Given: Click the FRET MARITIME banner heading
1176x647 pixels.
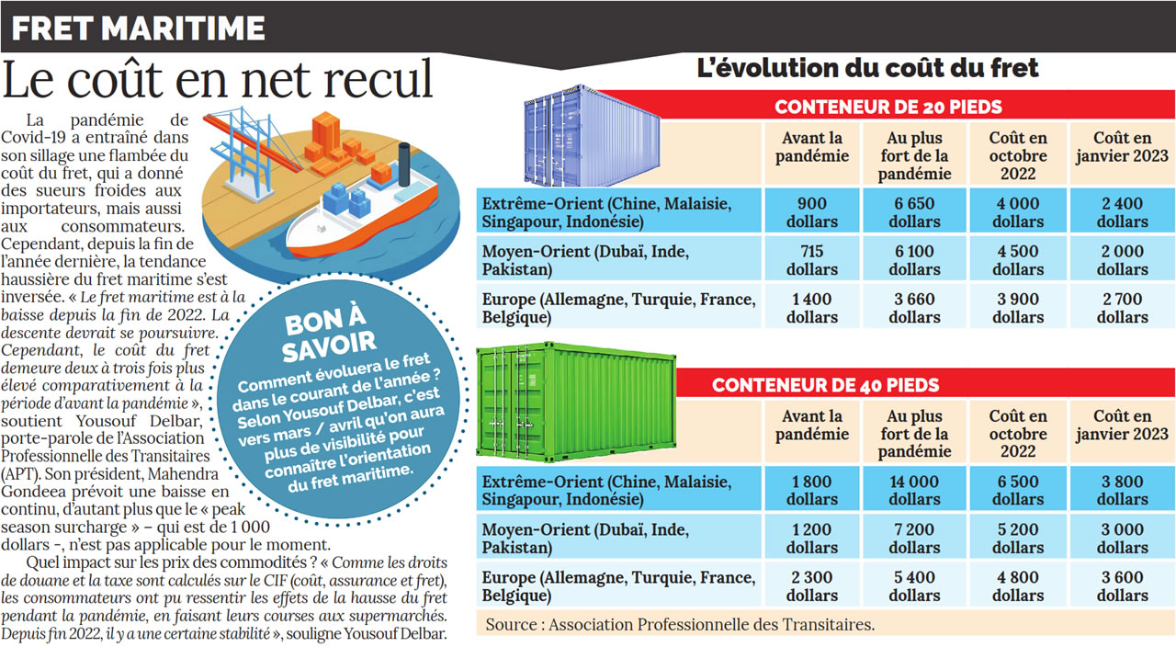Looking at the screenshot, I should coord(139,28).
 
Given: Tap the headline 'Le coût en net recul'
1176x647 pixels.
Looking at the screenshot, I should coord(218,80).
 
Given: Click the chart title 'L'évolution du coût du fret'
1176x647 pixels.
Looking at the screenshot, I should coord(867,67).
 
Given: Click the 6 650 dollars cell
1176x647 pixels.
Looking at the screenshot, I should coord(914,212).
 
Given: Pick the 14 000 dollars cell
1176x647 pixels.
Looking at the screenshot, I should coord(914,490).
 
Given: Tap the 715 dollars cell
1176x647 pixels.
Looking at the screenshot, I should coord(812,260).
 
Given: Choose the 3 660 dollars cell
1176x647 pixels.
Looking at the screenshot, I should coord(914,308).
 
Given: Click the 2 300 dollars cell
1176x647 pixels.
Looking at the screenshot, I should coord(812,585).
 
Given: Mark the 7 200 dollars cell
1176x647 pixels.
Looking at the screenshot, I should coord(914,538).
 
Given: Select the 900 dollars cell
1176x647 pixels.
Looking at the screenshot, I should coord(812,212).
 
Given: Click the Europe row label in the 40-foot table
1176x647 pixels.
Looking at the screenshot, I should coord(618,585).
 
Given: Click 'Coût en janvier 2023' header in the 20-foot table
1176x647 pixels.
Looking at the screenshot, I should coord(1122,147).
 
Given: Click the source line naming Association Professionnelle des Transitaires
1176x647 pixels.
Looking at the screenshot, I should coord(680,624).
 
